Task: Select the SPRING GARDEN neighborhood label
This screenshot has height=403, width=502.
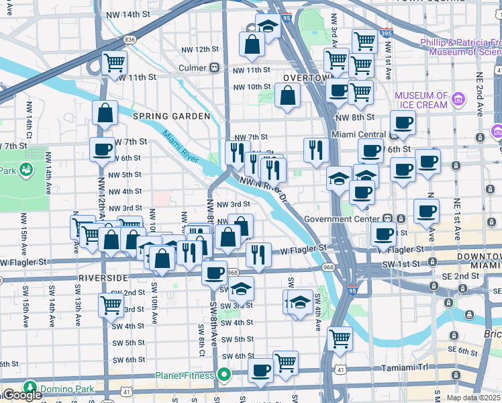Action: pyautogui.click(x=171, y=116)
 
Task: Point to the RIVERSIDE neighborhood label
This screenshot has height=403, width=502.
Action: pyautogui.click(x=103, y=277)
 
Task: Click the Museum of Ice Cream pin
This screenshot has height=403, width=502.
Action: pyautogui.click(x=458, y=100)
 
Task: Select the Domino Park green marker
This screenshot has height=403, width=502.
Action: pyautogui.click(x=29, y=388)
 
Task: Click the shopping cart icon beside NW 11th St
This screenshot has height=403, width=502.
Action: pyautogui.click(x=114, y=62)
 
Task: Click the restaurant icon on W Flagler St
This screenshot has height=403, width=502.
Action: pyautogui.click(x=258, y=254)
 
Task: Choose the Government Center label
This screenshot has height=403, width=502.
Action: pyautogui.click(x=342, y=219)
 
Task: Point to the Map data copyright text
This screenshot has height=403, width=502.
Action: pyautogui.click(x=474, y=398)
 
